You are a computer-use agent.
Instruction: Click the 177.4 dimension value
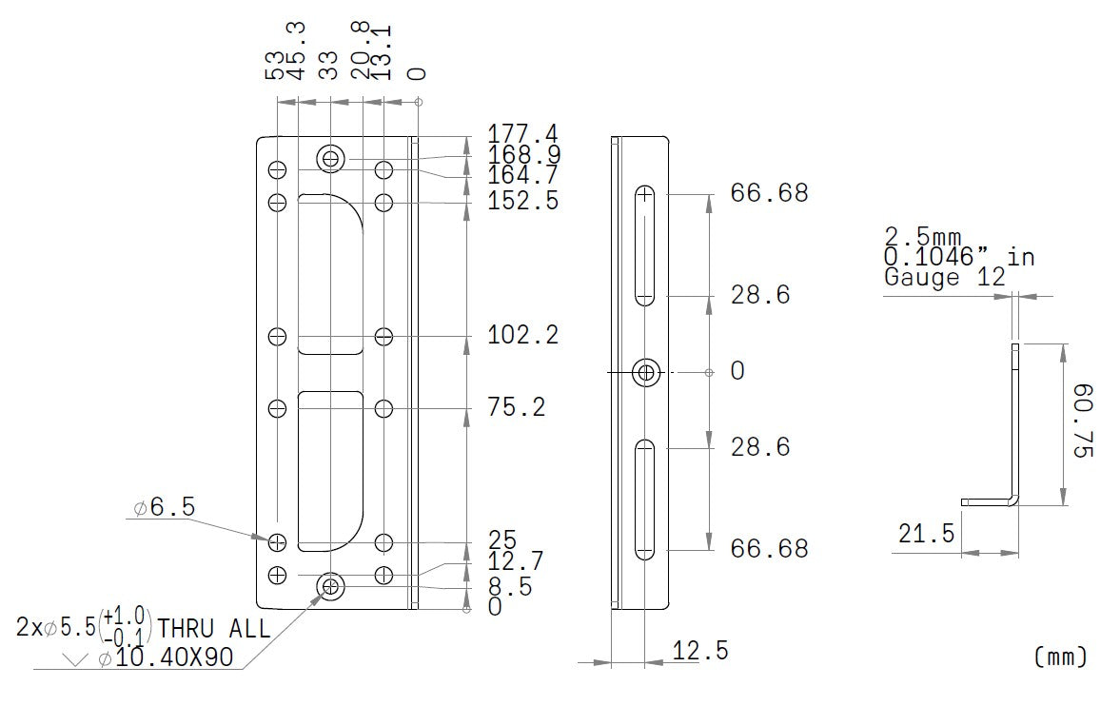pyautogui.click(x=522, y=133)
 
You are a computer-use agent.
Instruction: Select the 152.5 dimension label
pyautogui.click(x=522, y=202)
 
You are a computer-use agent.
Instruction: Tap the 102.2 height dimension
pyautogui.click(x=522, y=336)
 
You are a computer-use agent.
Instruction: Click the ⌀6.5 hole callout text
pyautogui.click(x=165, y=508)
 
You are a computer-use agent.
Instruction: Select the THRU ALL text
pyautogui.click(x=213, y=629)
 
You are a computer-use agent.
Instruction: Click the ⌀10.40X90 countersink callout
pyautogui.click(x=165, y=657)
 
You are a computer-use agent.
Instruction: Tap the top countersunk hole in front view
pyautogui.click(x=330, y=158)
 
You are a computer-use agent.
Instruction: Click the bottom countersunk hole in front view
pyautogui.click(x=330, y=586)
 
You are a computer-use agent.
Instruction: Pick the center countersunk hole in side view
pyautogui.click(x=647, y=372)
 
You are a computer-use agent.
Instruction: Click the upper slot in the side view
pyautogui.click(x=645, y=245)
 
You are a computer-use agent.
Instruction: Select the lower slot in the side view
pyautogui.click(x=645, y=499)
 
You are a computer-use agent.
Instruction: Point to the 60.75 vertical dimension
pyautogui.click(x=1082, y=421)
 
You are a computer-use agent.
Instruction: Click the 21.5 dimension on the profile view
pyautogui.click(x=926, y=535)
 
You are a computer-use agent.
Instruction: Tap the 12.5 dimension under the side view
pyautogui.click(x=700, y=652)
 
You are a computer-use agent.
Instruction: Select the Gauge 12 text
pyautogui.click(x=944, y=278)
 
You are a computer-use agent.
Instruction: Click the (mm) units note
pyautogui.click(x=1059, y=656)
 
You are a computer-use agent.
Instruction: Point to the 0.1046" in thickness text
pyautogui.click(x=958, y=257)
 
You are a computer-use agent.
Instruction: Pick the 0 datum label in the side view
pyautogui.click(x=737, y=371)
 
